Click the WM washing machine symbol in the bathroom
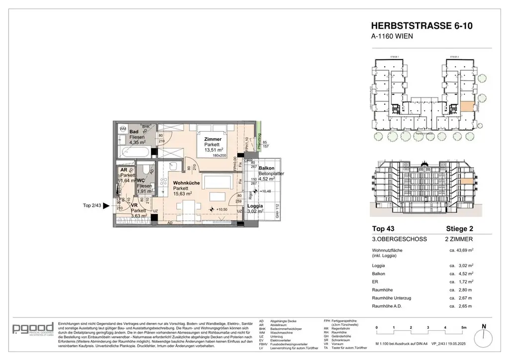tap(123, 129)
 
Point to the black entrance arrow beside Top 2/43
tap(105, 205)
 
